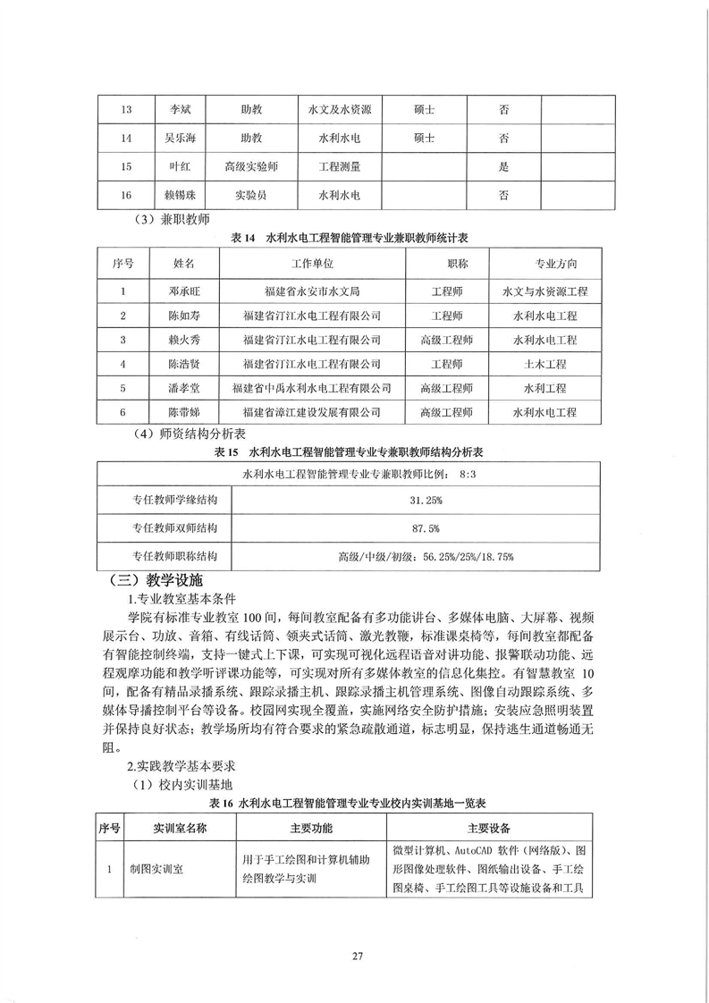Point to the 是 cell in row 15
click(x=503, y=166)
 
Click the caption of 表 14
click(x=357, y=238)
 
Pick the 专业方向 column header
click(x=544, y=264)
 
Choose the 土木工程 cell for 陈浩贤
click(x=544, y=364)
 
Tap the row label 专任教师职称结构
click(x=168, y=555)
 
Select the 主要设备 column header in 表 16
click(x=490, y=828)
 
